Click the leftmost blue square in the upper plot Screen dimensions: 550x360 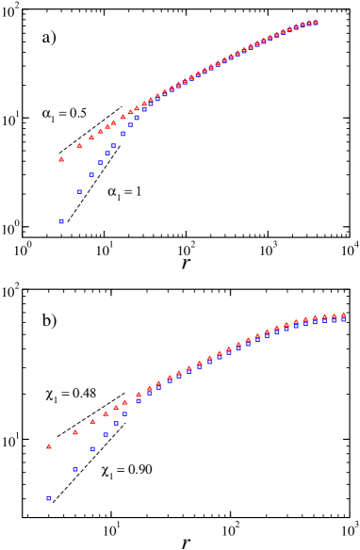point(61,221)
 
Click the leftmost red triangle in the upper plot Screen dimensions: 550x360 point(62,159)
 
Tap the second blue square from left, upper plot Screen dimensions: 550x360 point(80,192)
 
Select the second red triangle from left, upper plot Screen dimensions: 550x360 point(80,146)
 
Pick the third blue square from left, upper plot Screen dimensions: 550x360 point(91,175)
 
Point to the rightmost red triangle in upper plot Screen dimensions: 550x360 point(315,22)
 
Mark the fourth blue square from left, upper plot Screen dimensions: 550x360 point(101,163)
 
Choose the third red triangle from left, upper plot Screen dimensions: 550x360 point(91,137)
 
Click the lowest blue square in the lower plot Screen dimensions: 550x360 point(49,498)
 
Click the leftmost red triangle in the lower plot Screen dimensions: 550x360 point(49,446)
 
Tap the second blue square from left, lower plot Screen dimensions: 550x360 point(75,469)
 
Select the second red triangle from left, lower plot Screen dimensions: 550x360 point(75,432)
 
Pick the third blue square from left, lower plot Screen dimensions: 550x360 point(93,449)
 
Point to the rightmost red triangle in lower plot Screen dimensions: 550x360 point(343,315)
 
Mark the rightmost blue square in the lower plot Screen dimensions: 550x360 point(343,320)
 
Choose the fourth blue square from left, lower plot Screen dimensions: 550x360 point(106,435)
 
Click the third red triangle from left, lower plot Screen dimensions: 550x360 point(93,421)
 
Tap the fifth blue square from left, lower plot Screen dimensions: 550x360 point(116,424)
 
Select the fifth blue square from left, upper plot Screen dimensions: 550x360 point(108,154)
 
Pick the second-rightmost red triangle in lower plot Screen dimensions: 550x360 point(334,316)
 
